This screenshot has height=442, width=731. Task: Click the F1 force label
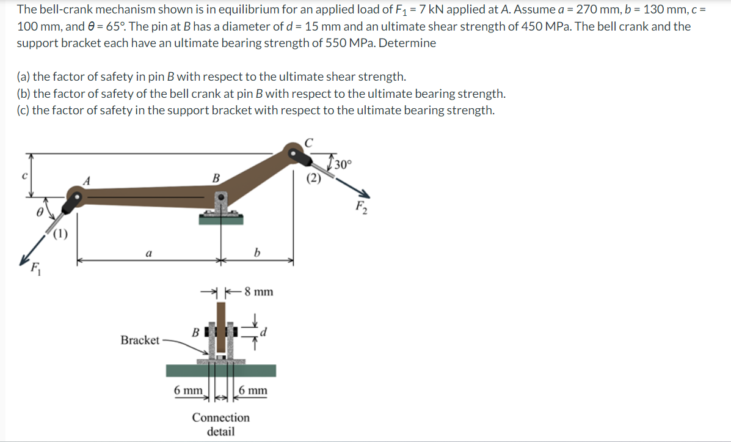pyautogui.click(x=37, y=268)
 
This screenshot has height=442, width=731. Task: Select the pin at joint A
pyautogui.click(x=76, y=199)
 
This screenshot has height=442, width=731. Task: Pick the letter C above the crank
pyautogui.click(x=308, y=142)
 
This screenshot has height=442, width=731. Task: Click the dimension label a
pyautogui.click(x=148, y=252)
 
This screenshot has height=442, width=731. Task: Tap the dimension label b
pyautogui.click(x=257, y=252)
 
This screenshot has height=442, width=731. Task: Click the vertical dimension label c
pyautogui.click(x=24, y=177)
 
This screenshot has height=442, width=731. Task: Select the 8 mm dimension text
pyautogui.click(x=258, y=292)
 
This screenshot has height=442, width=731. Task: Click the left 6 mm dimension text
pyautogui.click(x=187, y=390)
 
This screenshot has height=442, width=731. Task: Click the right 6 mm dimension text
pyautogui.click(x=253, y=390)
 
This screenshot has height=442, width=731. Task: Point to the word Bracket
pyautogui.click(x=140, y=340)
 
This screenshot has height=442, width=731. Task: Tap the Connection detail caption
pyautogui.click(x=220, y=424)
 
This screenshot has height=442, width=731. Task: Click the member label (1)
pyautogui.click(x=60, y=233)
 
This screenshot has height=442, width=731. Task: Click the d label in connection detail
pyautogui.click(x=264, y=333)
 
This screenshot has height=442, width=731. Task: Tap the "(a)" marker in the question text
pyautogui.click(x=23, y=77)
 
